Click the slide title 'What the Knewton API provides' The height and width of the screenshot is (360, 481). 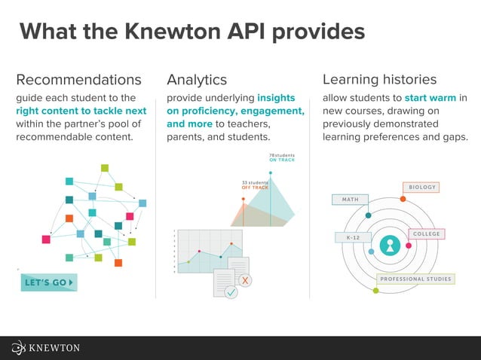pyautogui.click(x=191, y=32)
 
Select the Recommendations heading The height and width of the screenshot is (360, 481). pyautogui.click(x=78, y=80)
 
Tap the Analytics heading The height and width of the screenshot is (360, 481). pyautogui.click(x=197, y=80)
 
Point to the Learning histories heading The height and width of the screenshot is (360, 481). pyautogui.click(x=379, y=80)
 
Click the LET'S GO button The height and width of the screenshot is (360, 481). pyautogui.click(x=49, y=282)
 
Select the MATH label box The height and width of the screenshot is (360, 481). pyautogui.click(x=350, y=200)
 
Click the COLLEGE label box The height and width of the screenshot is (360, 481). pyautogui.click(x=426, y=234)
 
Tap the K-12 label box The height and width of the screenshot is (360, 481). pyautogui.click(x=353, y=238)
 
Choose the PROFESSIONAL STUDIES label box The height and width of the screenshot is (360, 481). pyautogui.click(x=415, y=279)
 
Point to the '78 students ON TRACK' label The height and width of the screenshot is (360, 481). pyautogui.click(x=281, y=158)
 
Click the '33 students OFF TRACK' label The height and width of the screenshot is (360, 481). pyautogui.click(x=255, y=185)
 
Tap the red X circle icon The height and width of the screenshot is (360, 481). pyautogui.click(x=246, y=280)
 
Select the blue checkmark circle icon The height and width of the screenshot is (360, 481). pyautogui.click(x=231, y=291)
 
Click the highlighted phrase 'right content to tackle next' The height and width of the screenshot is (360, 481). pyautogui.click(x=81, y=111)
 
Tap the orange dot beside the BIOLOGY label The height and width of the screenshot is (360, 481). pyautogui.click(x=403, y=199)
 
